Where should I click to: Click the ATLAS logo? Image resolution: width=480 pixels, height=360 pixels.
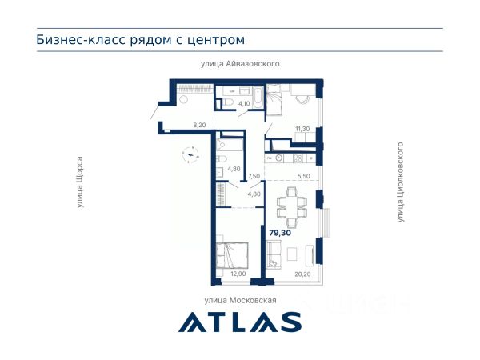click(240, 322)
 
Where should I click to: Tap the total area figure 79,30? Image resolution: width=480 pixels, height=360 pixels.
click(280, 233)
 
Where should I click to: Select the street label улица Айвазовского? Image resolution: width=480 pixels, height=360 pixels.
click(240, 64)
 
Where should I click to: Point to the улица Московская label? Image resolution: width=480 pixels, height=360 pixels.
click(240, 300)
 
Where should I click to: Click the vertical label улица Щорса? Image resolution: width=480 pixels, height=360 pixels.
click(80, 182)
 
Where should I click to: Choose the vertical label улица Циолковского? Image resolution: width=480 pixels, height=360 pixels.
click(401, 182)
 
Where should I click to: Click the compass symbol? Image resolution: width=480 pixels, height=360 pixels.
click(190, 154)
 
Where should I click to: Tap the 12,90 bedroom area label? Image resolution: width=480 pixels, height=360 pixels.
click(238, 274)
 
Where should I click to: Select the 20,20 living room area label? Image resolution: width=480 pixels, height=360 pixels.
click(302, 274)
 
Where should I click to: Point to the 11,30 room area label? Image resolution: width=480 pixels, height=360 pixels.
click(302, 129)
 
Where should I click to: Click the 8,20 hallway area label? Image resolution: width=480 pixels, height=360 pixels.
click(199, 125)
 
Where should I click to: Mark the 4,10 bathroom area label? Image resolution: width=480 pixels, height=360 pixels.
click(244, 103)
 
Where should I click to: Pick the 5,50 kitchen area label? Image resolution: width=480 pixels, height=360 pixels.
click(303, 176)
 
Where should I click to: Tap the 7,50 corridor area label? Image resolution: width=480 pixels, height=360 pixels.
click(254, 176)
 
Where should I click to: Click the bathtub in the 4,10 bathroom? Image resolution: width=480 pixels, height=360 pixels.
click(258, 98)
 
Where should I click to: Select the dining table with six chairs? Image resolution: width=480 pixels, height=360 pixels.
click(292, 207)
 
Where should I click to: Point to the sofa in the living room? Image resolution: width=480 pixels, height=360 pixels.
click(274, 254)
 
